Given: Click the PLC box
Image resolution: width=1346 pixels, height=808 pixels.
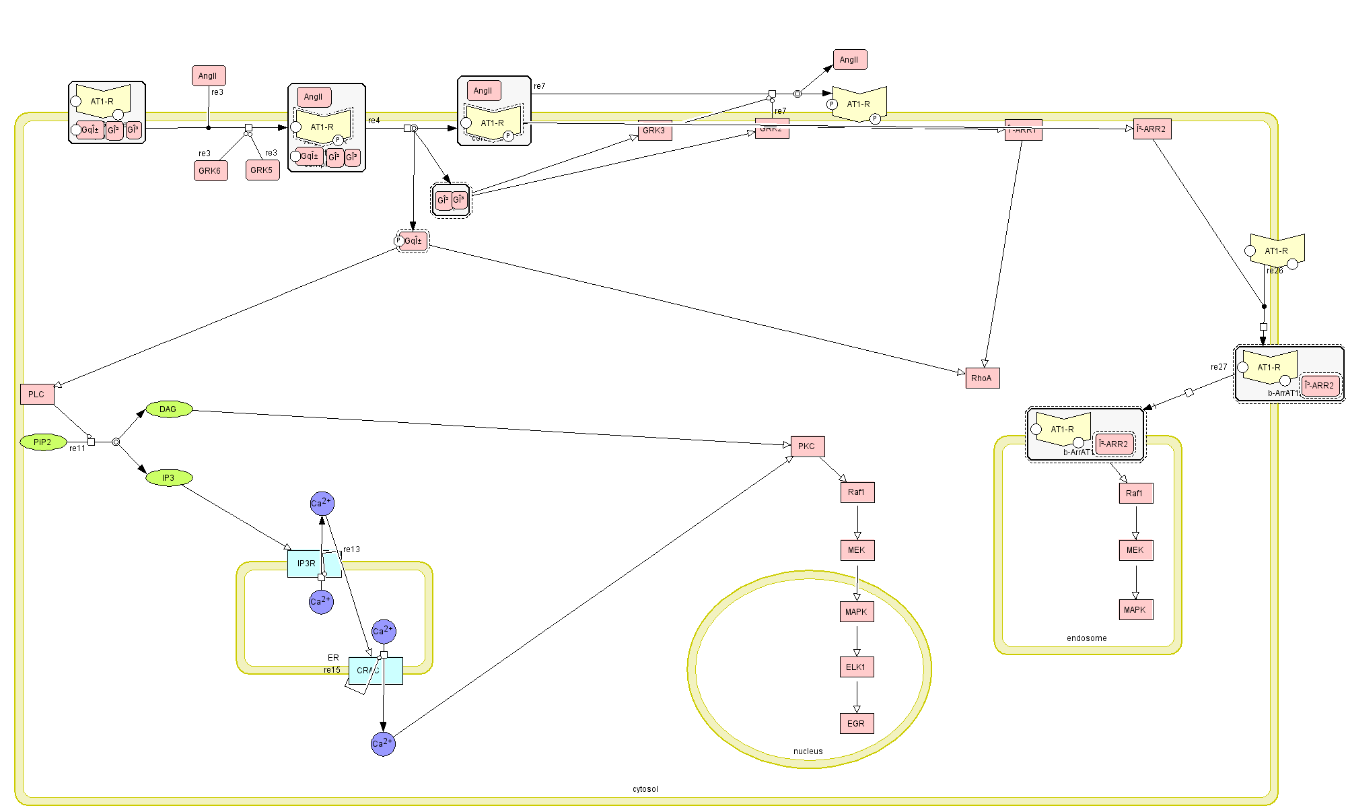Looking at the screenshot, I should tap(36, 395).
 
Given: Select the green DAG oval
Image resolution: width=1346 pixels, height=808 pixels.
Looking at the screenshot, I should tap(169, 409).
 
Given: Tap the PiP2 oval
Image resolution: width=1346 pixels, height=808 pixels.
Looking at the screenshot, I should tap(43, 442).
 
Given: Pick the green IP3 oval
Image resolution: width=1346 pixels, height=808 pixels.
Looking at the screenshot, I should tap(169, 478).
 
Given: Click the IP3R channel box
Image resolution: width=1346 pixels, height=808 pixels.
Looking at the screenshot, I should tap(306, 564).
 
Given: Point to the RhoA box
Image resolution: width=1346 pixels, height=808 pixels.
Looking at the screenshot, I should tap(982, 378).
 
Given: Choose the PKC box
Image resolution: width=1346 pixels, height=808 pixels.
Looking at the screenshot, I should tap(807, 446).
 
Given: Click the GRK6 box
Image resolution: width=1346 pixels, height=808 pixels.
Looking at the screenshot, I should tap(210, 171).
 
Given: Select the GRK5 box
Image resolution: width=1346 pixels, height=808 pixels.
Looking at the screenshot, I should tap(262, 170).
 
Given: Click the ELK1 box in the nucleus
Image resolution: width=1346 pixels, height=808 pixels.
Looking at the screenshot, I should tap(856, 667).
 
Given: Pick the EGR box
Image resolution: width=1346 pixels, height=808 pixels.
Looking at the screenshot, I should tap(856, 724).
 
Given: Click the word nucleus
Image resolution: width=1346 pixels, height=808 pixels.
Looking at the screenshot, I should tap(808, 751).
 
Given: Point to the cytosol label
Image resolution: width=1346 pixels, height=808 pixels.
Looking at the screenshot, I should tap(645, 789).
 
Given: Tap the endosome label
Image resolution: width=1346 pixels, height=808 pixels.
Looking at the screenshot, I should tap(1086, 638).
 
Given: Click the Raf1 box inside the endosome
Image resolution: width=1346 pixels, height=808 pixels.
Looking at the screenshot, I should tap(1135, 494).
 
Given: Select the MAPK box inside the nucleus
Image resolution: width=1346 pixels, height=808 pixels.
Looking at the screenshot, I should tap(856, 612).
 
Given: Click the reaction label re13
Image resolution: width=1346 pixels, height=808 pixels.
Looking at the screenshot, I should tap(351, 549).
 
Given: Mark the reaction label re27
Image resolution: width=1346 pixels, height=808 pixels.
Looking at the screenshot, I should tap(1218, 367).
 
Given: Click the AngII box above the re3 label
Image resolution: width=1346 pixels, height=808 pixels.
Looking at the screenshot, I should tap(208, 76).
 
